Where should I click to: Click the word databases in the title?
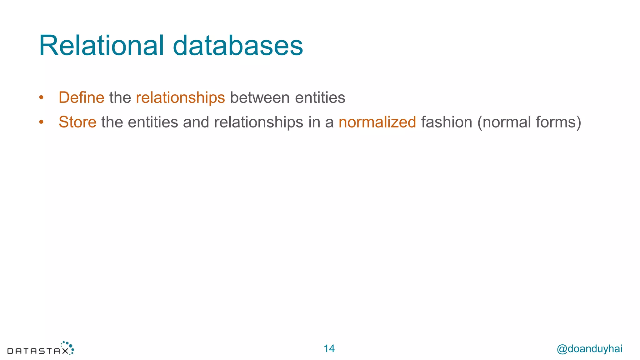click(238, 46)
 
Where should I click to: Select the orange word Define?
click(81, 97)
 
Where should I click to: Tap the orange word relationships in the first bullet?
click(180, 97)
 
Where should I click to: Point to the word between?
click(260, 97)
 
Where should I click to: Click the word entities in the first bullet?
click(320, 97)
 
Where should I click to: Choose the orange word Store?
click(77, 122)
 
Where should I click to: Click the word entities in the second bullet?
click(153, 122)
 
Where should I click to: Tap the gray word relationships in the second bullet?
click(258, 122)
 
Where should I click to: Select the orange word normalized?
click(377, 122)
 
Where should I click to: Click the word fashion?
click(447, 122)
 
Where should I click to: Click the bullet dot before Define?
click(41, 98)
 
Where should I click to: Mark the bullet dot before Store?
click(41, 122)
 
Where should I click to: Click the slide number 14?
click(329, 349)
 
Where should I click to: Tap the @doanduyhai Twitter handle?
click(589, 349)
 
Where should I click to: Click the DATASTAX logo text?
click(38, 351)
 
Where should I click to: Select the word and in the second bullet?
click(196, 122)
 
